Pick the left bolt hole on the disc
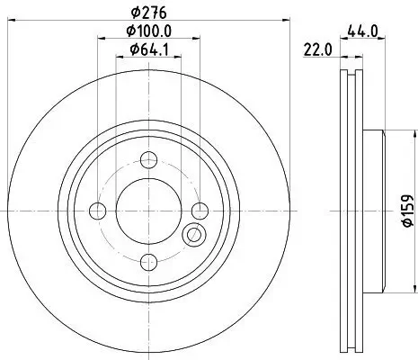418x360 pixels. point(98,211)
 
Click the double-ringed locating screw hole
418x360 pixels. point(193,236)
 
